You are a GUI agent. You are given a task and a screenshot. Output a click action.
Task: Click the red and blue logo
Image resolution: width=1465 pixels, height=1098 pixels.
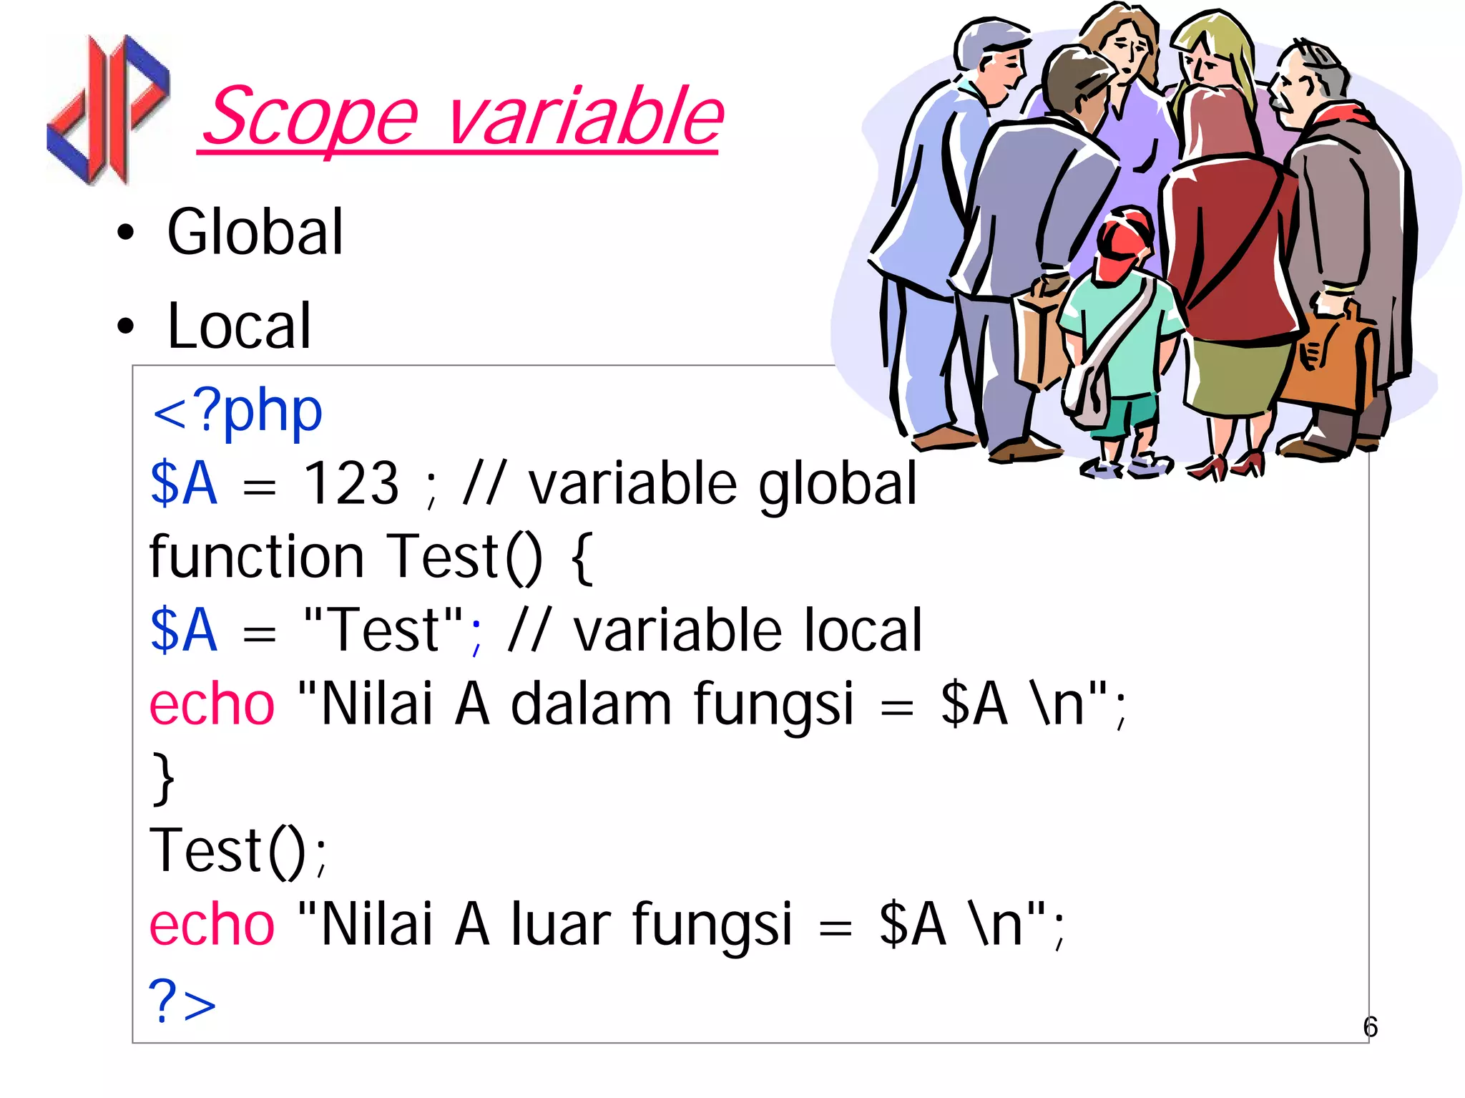point(107,109)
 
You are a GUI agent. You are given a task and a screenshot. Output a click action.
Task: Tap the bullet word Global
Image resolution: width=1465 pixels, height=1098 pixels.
point(255,232)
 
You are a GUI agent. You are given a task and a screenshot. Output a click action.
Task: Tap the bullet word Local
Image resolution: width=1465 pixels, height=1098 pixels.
point(239,326)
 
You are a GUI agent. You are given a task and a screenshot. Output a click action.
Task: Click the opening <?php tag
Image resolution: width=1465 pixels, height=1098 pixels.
point(237,412)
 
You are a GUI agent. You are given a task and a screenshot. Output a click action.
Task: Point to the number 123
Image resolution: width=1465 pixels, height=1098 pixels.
point(351,484)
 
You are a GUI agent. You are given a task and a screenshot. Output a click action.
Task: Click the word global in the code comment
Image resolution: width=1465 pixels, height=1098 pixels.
point(837,485)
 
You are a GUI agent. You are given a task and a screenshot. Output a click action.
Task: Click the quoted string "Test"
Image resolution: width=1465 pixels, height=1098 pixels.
point(383,630)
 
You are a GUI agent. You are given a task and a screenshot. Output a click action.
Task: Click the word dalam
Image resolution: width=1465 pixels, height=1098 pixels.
point(591,704)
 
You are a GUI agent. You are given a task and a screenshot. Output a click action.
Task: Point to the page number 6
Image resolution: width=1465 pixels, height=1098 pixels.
point(1370,1027)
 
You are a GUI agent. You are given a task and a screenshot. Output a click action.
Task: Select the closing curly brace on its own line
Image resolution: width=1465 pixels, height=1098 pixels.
point(164,779)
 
